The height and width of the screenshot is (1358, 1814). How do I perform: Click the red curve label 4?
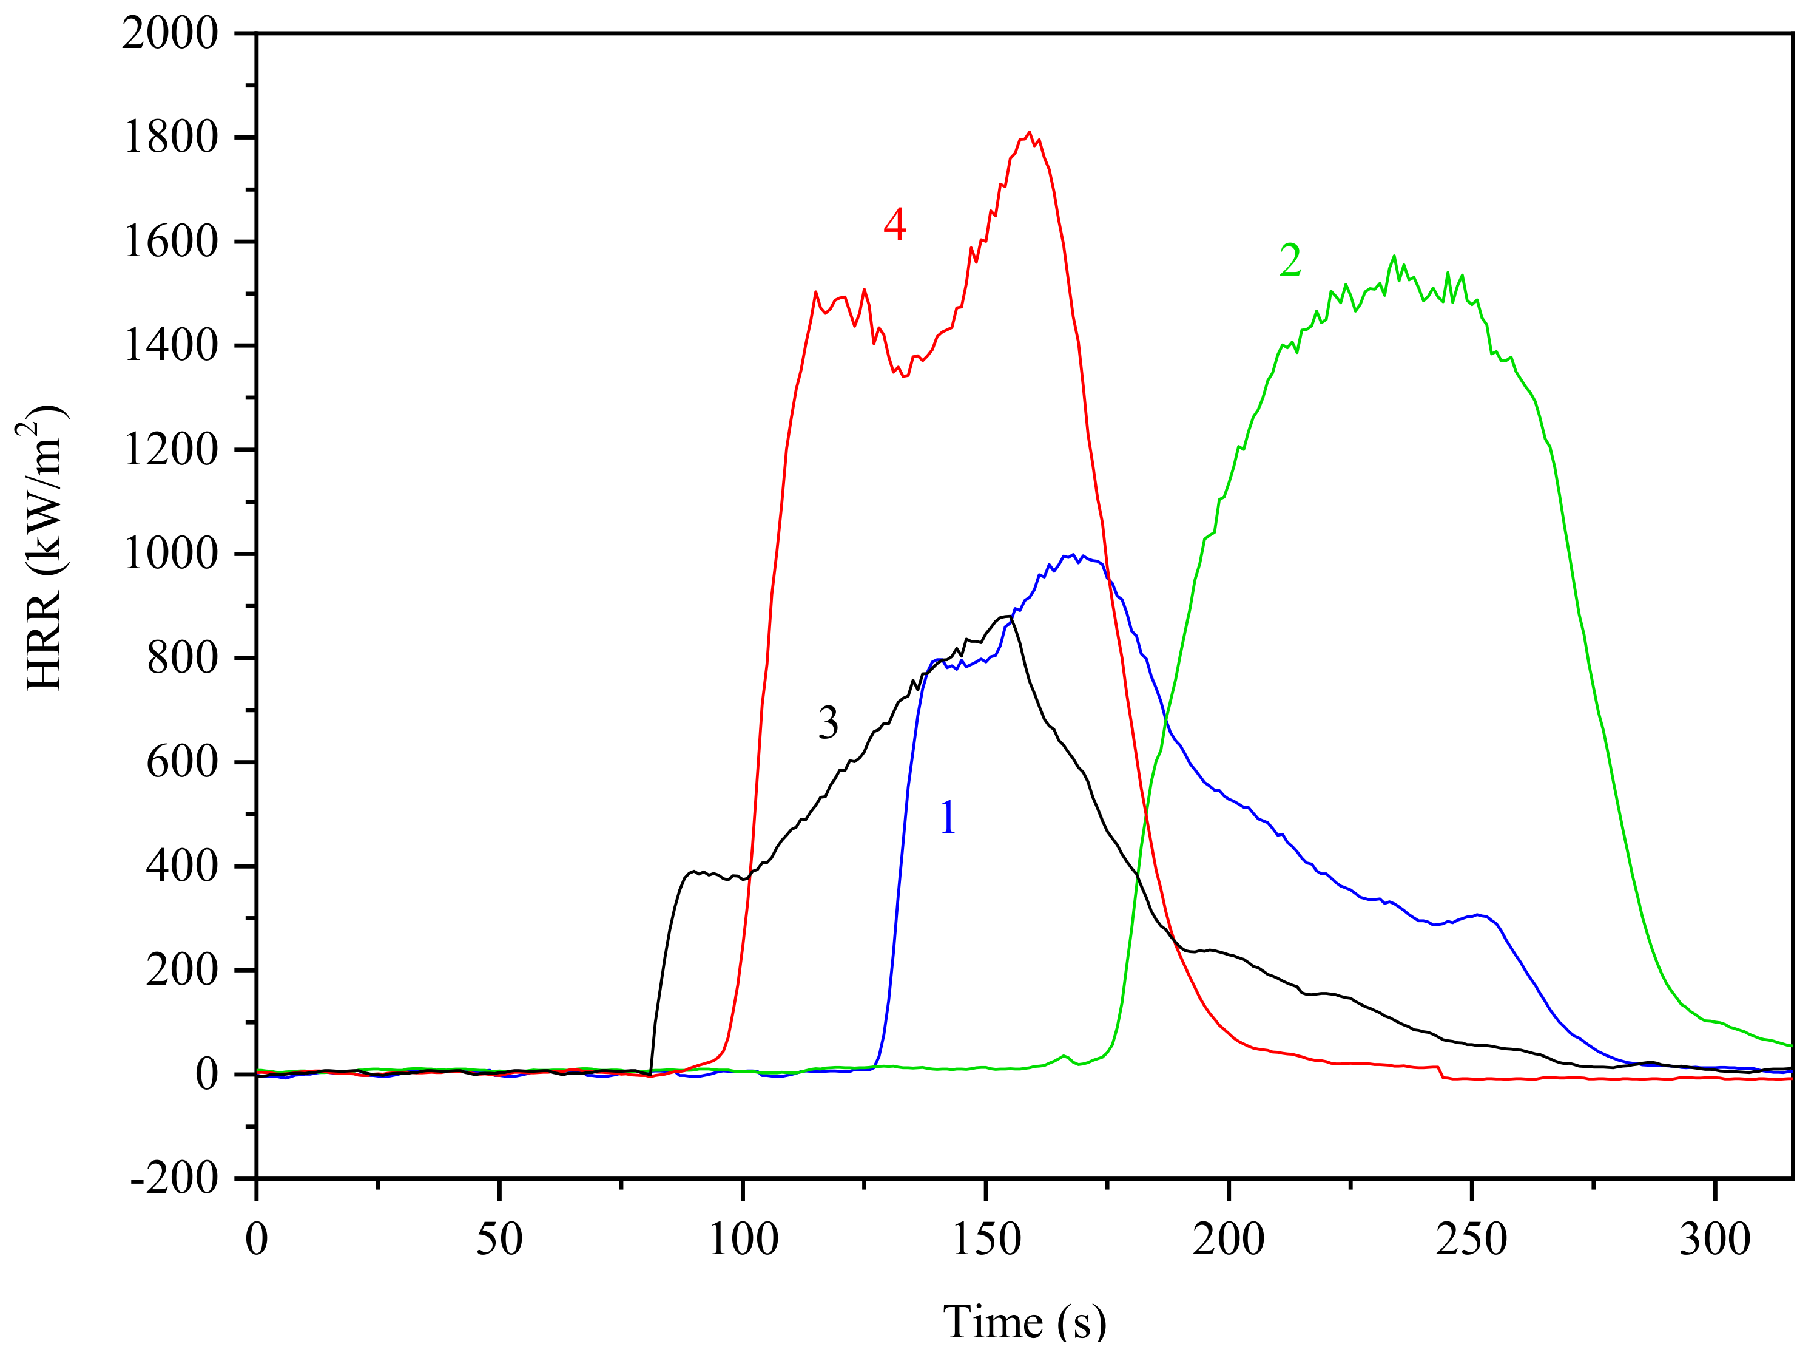[895, 224]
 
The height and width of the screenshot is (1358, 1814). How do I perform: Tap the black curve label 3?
[828, 722]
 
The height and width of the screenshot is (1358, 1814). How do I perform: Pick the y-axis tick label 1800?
[170, 137]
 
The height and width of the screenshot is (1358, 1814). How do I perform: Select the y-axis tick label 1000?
[170, 554]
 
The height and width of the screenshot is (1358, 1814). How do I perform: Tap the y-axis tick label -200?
[174, 1179]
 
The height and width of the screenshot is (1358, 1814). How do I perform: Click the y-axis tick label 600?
[182, 762]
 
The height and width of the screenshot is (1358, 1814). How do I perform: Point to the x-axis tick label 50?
[499, 1240]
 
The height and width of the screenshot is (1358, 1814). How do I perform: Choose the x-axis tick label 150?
[986, 1240]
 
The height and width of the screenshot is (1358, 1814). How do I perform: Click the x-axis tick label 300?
[1715, 1240]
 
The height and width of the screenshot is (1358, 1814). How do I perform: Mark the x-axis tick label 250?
[1471, 1240]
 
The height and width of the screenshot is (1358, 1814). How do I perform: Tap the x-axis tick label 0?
[257, 1240]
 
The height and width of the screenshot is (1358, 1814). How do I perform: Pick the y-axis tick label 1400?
[170, 345]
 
